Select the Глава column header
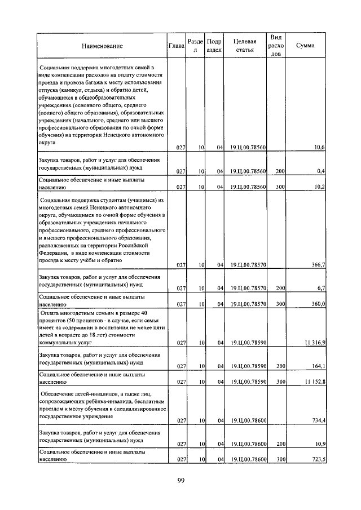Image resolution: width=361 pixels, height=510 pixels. coord(177,46)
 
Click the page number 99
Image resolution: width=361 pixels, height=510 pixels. coord(180,480)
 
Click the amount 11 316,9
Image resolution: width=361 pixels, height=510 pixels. coord(313,342)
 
